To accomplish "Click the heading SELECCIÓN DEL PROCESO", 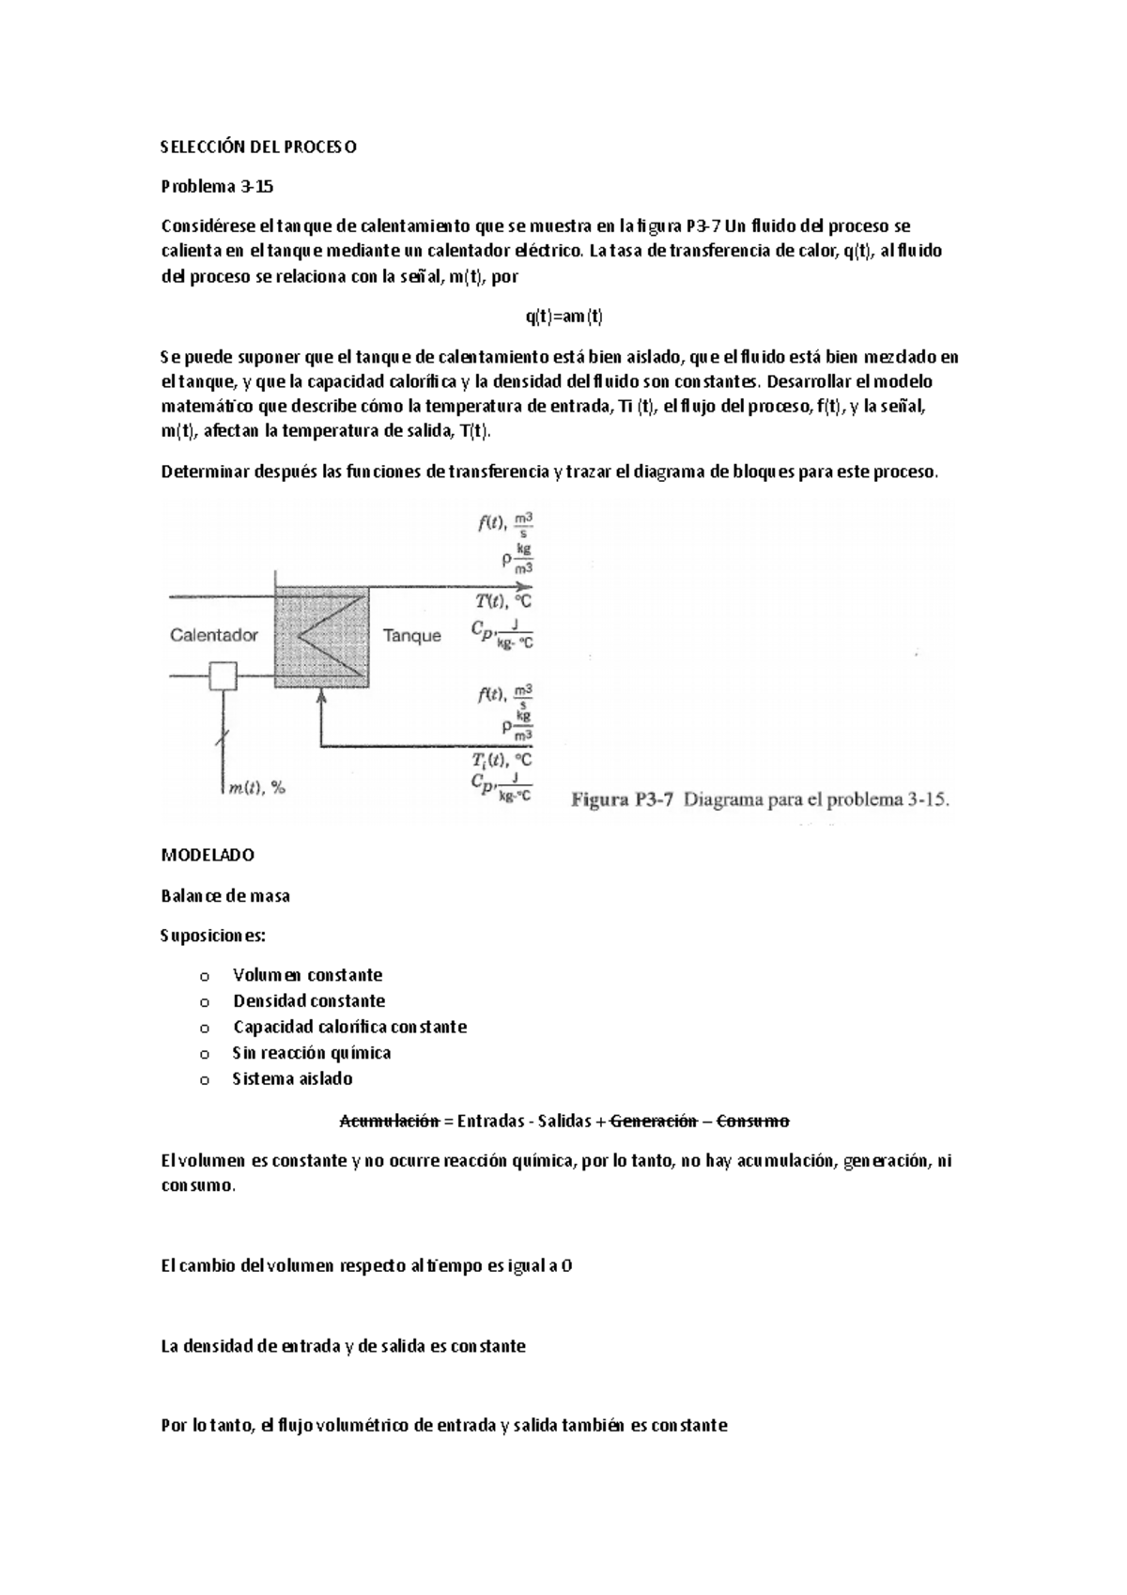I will tap(258, 147).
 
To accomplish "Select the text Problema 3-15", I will tap(217, 186).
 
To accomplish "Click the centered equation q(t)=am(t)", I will tap(563, 317).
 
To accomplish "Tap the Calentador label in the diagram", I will tap(214, 635).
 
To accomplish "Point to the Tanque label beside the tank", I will tap(411, 636).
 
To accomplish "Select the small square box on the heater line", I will tap(223, 675).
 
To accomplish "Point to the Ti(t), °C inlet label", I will tap(502, 759).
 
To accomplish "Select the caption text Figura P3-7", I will tap(625, 800).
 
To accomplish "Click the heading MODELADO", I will tap(208, 856).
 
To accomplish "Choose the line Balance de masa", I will tap(225, 896).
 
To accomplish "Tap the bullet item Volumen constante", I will tap(307, 975).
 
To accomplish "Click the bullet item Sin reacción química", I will tap(311, 1053).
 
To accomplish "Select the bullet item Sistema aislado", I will tap(292, 1079).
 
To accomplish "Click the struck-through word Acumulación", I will tap(389, 1121).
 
